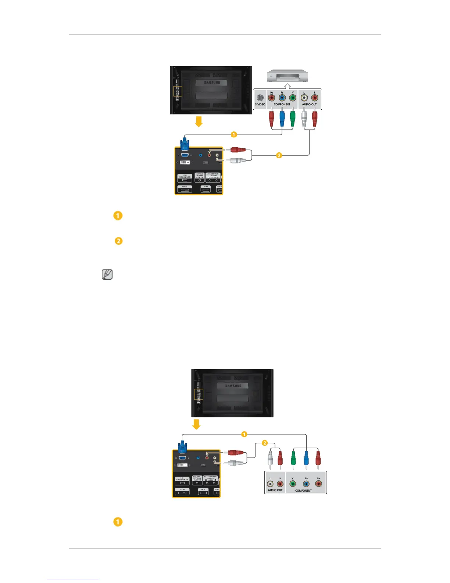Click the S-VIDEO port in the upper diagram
tap(260, 98)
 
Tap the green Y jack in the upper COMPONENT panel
tap(293, 98)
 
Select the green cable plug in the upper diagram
tap(293, 118)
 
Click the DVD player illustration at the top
tap(287, 76)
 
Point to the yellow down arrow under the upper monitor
tap(199, 121)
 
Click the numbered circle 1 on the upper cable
tap(234, 135)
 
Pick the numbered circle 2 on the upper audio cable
tap(279, 156)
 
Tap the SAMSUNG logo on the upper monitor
tap(212, 83)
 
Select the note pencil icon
tap(107, 275)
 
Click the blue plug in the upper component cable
tap(282, 118)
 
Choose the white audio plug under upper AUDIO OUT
tap(304, 118)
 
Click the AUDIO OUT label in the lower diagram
tap(275, 490)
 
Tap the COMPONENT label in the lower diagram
tap(303, 491)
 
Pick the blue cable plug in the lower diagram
tap(306, 459)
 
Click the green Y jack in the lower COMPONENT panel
tap(293, 484)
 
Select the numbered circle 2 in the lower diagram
tap(265, 443)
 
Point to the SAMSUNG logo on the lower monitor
tap(233, 386)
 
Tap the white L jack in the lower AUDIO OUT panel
tap(270, 484)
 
